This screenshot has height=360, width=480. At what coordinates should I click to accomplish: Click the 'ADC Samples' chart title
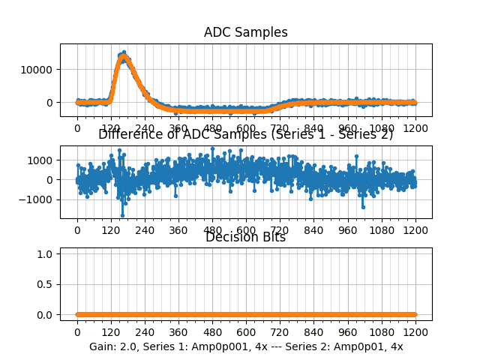(245, 33)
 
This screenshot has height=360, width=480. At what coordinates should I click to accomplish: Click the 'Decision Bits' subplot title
(245, 238)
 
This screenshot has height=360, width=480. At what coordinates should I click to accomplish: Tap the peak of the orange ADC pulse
(123, 56)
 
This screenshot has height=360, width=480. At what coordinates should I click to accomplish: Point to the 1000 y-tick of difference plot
(42, 160)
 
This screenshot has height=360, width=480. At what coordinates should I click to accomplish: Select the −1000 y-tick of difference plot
(38, 200)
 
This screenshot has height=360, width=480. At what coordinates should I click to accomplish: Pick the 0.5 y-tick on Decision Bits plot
(46, 284)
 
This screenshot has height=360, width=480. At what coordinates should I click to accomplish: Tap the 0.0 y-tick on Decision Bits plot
(46, 315)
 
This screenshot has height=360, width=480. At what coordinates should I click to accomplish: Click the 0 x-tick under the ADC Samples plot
(77, 128)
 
